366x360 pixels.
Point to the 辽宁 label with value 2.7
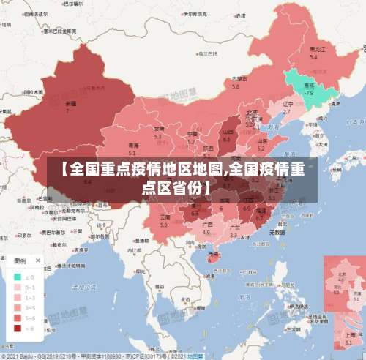click(x=287, y=107)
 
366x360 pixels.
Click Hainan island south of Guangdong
click(x=213, y=255)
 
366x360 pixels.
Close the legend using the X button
click(x=38, y=260)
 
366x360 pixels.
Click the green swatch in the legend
click(x=17, y=277)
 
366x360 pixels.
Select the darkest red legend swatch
click(x=17, y=328)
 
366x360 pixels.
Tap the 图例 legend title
click(x=18, y=260)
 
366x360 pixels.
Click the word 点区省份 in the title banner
click(x=173, y=187)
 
